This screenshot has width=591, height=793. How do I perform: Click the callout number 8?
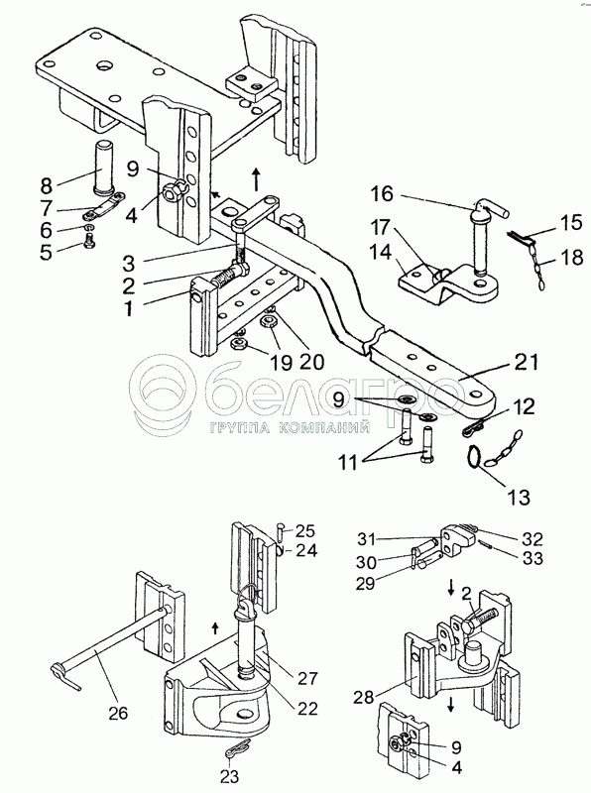tap(47, 185)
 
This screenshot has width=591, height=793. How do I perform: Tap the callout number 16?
tap(381, 193)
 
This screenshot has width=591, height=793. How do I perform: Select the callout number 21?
tap(527, 362)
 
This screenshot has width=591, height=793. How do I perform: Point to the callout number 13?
tap(520, 497)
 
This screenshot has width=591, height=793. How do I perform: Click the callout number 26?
tap(118, 714)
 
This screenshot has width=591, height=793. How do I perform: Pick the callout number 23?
tap(229, 775)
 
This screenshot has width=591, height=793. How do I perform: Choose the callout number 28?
tap(363, 697)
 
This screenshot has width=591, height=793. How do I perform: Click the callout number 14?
tap(381, 252)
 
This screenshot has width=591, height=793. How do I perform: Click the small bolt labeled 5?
tap(89, 244)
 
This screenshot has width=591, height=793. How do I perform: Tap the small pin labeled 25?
tap(280, 531)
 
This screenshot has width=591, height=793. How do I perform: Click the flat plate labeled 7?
tap(104, 207)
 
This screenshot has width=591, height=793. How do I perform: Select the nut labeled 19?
tap(238, 344)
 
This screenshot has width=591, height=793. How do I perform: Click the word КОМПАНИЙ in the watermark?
tap(324, 429)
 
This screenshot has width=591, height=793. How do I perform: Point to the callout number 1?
tap(129, 307)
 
